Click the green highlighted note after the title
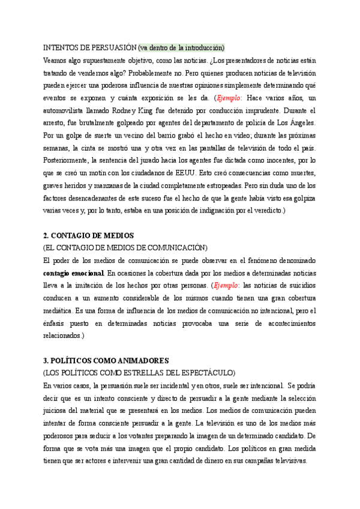point(181,47)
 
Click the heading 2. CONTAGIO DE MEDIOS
point(89,235)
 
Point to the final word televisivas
point(286,461)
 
